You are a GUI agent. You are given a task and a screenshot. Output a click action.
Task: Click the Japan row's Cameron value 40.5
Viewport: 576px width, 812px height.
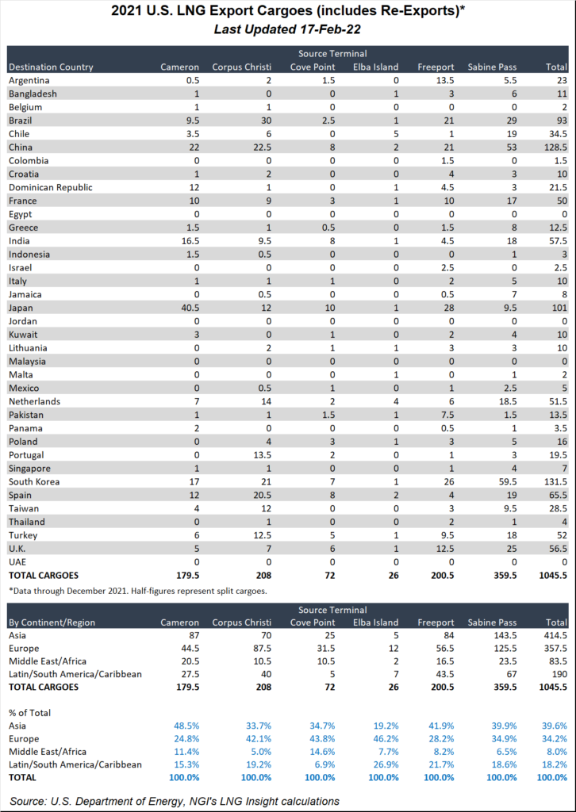(190, 308)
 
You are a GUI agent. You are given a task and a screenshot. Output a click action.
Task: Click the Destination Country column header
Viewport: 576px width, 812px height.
(52, 67)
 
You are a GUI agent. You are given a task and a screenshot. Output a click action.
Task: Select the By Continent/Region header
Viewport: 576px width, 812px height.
(52, 622)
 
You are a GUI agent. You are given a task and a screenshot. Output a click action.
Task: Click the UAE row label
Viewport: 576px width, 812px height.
(18, 562)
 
